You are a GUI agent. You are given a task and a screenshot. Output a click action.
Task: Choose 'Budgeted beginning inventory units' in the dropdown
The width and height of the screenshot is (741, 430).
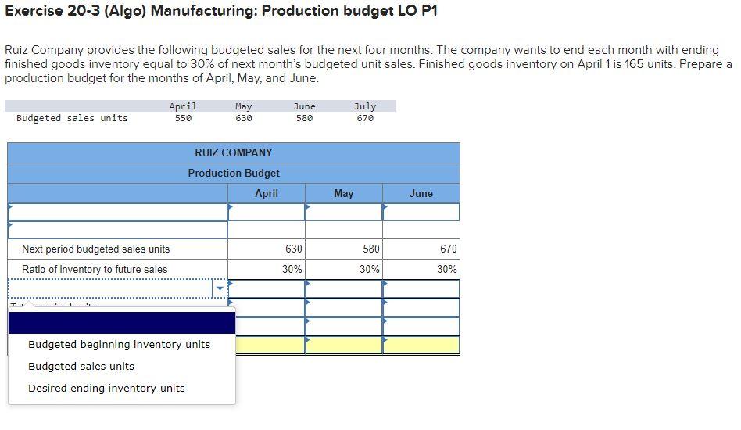(x=119, y=345)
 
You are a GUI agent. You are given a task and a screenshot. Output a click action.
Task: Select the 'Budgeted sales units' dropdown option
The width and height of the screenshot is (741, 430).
(x=81, y=367)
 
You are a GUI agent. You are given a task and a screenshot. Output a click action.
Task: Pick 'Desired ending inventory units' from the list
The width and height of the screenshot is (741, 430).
(x=106, y=389)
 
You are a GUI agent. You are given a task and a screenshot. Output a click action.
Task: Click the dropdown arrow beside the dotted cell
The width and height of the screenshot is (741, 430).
(x=220, y=288)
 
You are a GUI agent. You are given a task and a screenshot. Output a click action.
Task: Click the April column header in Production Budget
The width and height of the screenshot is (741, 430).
(x=266, y=193)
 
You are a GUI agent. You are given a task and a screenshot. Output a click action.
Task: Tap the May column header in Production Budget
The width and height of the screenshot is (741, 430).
(x=343, y=193)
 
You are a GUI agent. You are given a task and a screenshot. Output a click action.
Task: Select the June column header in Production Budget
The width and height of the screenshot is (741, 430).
(x=421, y=193)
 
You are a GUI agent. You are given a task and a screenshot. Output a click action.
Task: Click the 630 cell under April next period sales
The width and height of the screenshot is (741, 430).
(x=267, y=249)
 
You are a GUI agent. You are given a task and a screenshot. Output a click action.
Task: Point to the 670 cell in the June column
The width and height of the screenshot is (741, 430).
(x=421, y=249)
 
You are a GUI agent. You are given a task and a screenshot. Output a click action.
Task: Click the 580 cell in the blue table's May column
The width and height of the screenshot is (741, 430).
(x=344, y=249)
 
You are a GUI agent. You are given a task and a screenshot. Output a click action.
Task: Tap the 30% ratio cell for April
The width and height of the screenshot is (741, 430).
(x=267, y=270)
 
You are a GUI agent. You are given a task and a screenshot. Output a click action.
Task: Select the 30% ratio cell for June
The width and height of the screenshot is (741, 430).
(x=421, y=270)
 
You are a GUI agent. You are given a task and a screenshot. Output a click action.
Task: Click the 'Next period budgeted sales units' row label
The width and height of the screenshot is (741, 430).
(x=95, y=249)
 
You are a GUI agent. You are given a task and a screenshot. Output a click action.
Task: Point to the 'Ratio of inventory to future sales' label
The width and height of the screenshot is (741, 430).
(x=95, y=270)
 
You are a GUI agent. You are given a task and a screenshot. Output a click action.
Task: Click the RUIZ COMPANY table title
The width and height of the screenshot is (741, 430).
(x=234, y=152)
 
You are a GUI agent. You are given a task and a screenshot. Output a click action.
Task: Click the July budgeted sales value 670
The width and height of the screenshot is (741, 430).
(x=365, y=119)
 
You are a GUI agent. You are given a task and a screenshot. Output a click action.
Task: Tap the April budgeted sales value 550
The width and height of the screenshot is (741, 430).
(x=183, y=119)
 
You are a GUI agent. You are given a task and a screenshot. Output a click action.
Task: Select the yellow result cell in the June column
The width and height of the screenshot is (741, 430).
(x=421, y=345)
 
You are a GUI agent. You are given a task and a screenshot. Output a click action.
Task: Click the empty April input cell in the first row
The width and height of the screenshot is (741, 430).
(x=267, y=212)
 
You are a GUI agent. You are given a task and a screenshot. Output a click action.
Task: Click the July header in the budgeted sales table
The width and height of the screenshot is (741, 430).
(x=365, y=106)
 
